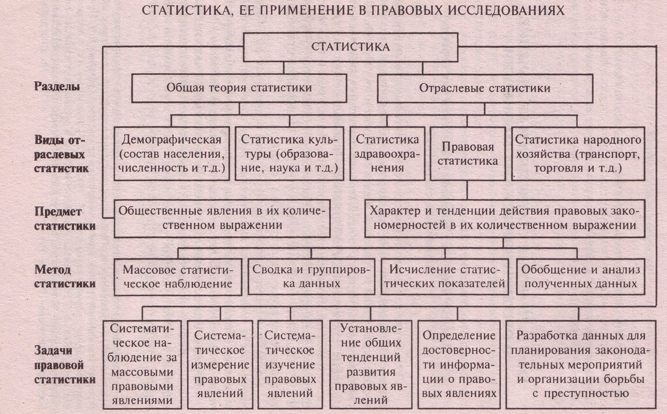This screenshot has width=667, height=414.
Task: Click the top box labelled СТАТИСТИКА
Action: pyautogui.click(x=350, y=47)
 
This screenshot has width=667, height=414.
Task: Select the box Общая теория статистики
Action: pyautogui.click(x=239, y=88)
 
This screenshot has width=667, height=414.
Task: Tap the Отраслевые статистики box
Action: pyautogui.click(x=485, y=88)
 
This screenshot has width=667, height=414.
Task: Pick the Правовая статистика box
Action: pyautogui.click(x=467, y=154)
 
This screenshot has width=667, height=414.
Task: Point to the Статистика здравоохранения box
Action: pyautogui.click(x=387, y=154)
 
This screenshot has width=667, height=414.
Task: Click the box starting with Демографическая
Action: pyautogui.click(x=172, y=154)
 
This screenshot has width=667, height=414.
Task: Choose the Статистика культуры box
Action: pyautogui.click(x=289, y=154)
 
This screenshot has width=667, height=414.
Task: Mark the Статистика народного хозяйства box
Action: pyautogui.click(x=578, y=154)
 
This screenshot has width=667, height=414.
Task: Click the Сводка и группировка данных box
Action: pyautogui.click(x=311, y=277)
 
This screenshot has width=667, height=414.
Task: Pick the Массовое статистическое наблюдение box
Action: pyautogui.click(x=178, y=277)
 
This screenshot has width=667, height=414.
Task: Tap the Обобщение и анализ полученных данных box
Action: pyautogui.click(x=581, y=277)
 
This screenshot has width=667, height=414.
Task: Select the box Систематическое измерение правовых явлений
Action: pyautogui.click(x=220, y=364)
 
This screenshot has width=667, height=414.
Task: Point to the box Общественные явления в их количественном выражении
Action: pyautogui.click(x=222, y=218)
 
